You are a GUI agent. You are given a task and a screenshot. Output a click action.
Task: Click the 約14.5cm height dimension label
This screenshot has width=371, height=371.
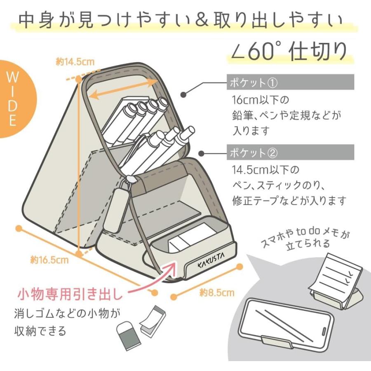point(75,62)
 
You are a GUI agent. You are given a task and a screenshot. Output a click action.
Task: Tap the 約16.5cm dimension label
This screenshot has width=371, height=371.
point(49,260)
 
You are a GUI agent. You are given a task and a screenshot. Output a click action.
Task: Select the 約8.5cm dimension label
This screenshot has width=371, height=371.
point(217,293)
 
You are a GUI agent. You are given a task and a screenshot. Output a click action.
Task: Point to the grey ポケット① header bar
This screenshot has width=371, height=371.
point(290,82)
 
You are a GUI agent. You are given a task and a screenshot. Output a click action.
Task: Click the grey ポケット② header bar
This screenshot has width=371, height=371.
point(290,152)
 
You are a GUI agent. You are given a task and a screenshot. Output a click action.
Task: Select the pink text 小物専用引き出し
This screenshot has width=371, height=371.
point(70,294)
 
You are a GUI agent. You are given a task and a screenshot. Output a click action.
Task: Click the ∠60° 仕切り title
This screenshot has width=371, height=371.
point(289,51)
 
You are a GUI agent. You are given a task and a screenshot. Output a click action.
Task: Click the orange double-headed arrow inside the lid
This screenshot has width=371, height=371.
point(123,89)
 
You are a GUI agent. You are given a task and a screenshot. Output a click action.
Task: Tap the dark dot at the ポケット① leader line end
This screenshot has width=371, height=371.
point(183,94)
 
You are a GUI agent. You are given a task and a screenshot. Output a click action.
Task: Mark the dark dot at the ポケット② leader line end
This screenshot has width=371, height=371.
point(201,154)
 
